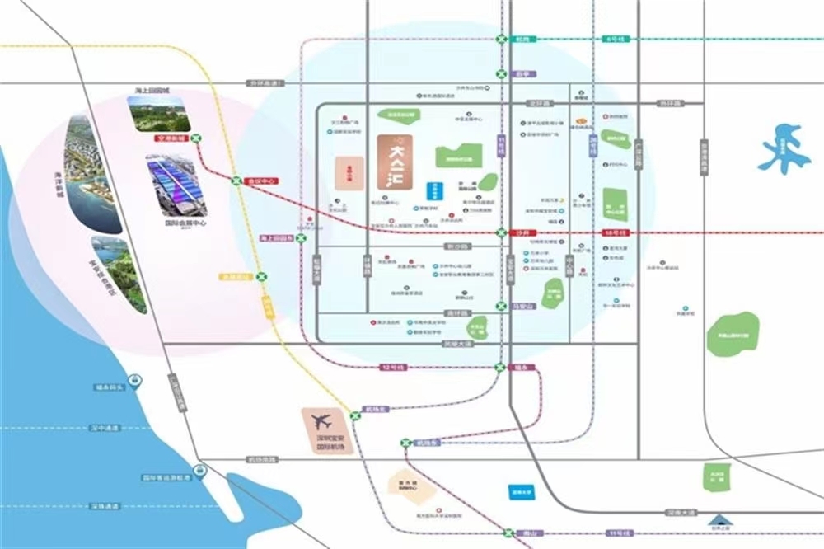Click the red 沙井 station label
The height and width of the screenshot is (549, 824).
519,233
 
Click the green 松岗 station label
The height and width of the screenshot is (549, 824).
521,39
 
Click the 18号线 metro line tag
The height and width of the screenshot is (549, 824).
615,233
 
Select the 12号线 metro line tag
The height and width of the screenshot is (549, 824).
391,367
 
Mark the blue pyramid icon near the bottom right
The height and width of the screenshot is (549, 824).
720,519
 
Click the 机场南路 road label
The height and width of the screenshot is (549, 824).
264,460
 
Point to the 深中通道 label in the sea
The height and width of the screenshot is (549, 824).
105,428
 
